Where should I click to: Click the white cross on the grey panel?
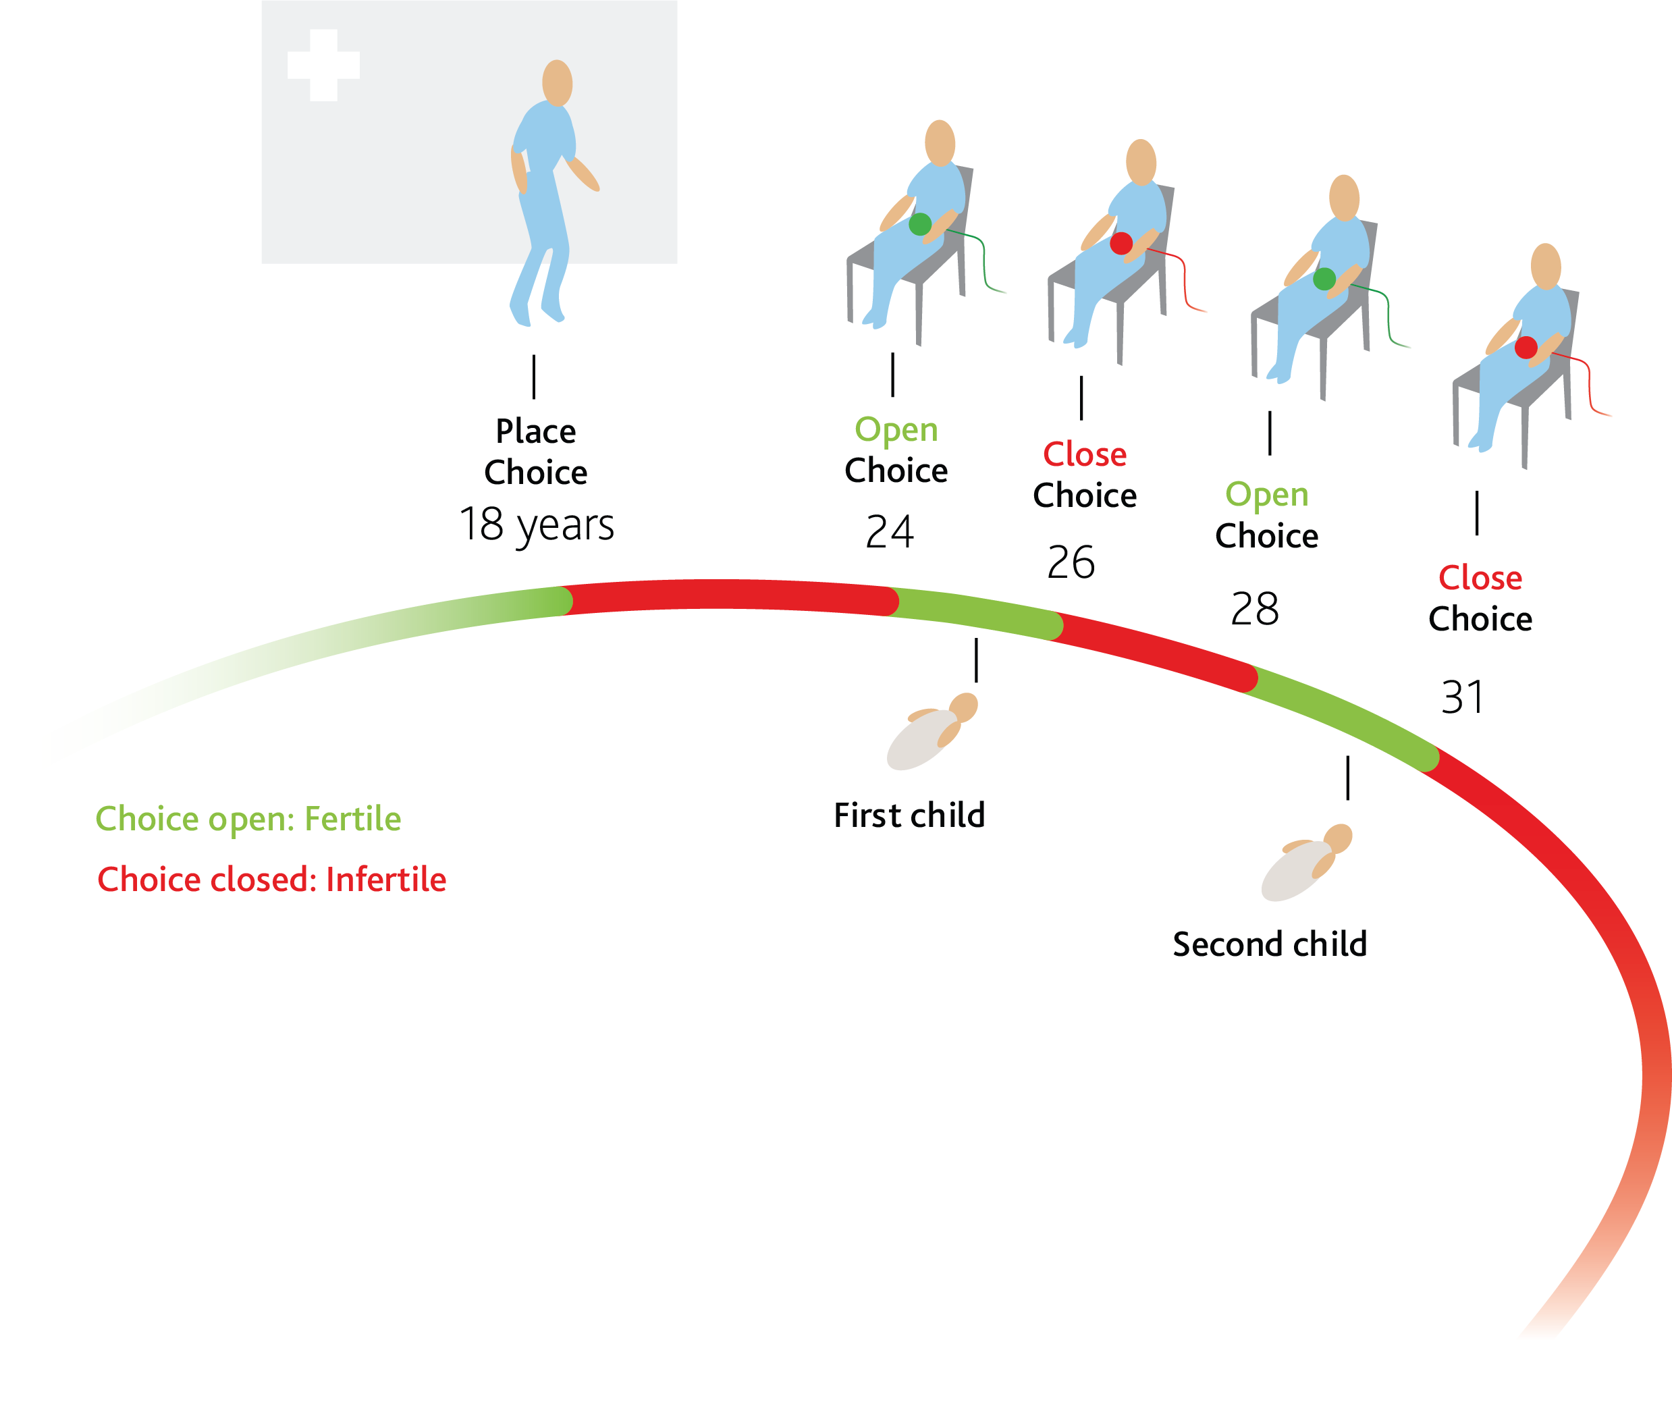click(323, 65)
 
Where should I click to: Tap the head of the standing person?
click(558, 82)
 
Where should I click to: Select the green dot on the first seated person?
click(920, 224)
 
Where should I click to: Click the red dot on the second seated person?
click(1121, 243)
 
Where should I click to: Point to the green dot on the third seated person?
click(1324, 279)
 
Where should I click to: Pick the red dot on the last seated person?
click(1526, 347)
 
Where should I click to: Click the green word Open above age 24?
click(896, 429)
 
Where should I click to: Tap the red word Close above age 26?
click(1084, 454)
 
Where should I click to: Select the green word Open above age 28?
click(1266, 495)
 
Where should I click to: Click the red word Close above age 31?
click(1480, 578)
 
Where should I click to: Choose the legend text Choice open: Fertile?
click(248, 818)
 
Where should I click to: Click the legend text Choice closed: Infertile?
click(271, 879)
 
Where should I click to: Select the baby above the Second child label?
click(1305, 863)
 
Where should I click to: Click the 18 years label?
click(537, 525)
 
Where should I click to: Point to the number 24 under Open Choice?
click(889, 532)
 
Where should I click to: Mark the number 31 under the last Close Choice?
click(1462, 697)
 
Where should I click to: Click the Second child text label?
click(1269, 943)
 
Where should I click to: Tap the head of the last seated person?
click(1546, 266)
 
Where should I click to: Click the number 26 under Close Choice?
click(1071, 562)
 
